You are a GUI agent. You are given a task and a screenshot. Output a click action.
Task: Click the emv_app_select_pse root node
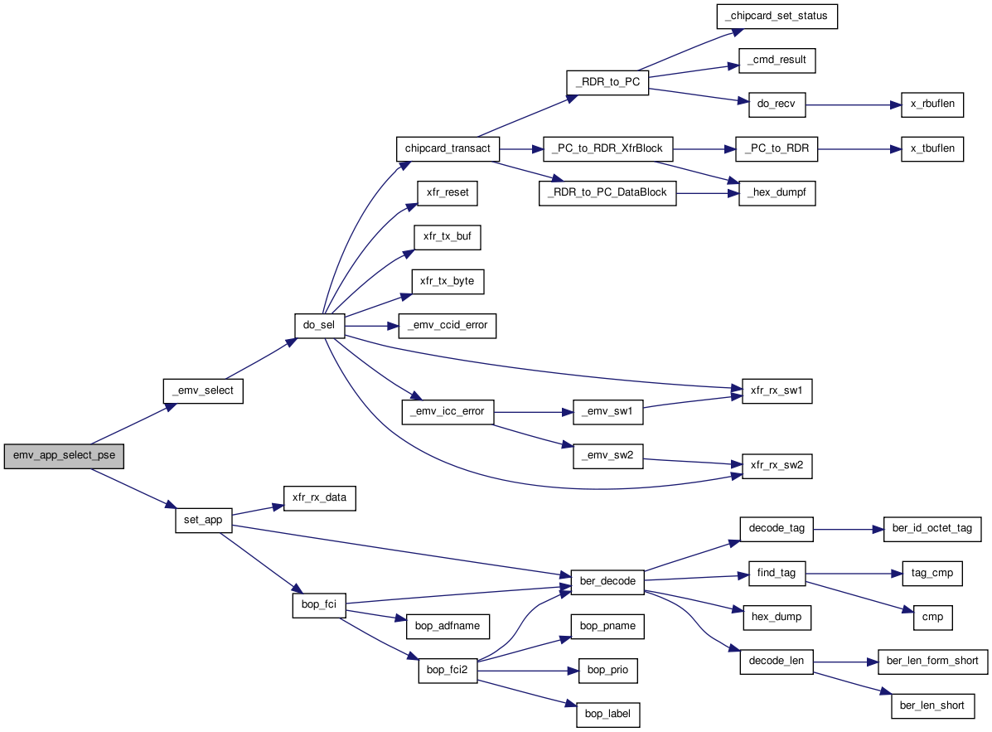point(64,456)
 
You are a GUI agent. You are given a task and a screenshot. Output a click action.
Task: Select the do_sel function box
point(320,326)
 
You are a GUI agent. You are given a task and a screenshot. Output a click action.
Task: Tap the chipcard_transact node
point(448,148)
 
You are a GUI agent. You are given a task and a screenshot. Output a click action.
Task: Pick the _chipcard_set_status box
point(777,17)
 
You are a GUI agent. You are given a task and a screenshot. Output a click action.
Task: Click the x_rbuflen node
point(932,104)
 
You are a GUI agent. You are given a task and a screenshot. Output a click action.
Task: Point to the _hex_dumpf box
point(777,193)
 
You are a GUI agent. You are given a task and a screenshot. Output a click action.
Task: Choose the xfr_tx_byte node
point(448,282)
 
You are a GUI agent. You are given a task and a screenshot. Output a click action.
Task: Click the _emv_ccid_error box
point(448,326)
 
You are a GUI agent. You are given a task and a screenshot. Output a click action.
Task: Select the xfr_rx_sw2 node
point(777,466)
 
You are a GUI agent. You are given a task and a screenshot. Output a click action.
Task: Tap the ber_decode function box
point(607,582)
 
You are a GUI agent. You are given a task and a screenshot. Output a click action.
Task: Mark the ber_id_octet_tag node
point(932,529)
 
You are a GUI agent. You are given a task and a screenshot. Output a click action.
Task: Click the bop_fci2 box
point(448,671)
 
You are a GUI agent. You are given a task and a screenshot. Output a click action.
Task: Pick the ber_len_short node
point(932,706)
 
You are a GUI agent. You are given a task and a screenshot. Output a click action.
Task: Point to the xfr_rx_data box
point(320,498)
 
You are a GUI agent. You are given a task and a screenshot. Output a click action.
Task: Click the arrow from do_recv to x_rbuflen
point(854,105)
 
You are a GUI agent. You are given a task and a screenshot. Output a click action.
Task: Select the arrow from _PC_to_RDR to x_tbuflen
point(859,149)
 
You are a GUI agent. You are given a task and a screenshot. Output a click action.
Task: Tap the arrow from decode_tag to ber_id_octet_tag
point(849,529)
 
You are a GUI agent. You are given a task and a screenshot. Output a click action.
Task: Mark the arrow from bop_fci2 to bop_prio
point(528,671)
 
